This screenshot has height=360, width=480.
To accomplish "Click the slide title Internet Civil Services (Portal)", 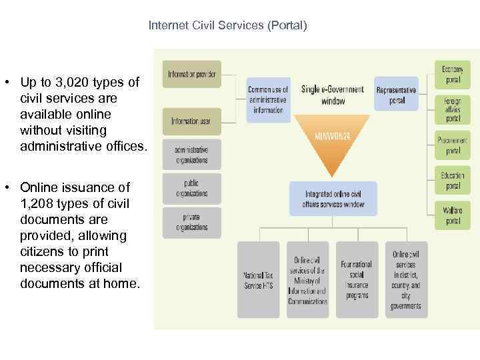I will tap(228, 26).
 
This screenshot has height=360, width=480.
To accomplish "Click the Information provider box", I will tap(191, 74).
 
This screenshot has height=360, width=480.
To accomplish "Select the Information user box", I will tap(191, 121).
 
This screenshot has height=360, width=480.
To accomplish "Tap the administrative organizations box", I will tap(191, 155).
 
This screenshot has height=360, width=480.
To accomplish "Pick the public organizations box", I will tap(191, 188).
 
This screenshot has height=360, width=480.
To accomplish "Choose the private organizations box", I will tap(191, 221).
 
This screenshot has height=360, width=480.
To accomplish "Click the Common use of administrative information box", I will tap(268, 99).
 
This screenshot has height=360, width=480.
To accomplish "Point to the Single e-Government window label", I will tap(333, 95).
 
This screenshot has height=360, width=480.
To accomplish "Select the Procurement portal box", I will tap(453, 145).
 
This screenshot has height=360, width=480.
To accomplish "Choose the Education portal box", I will tap(453, 180).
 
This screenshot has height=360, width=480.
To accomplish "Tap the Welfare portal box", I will tap(453, 215).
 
